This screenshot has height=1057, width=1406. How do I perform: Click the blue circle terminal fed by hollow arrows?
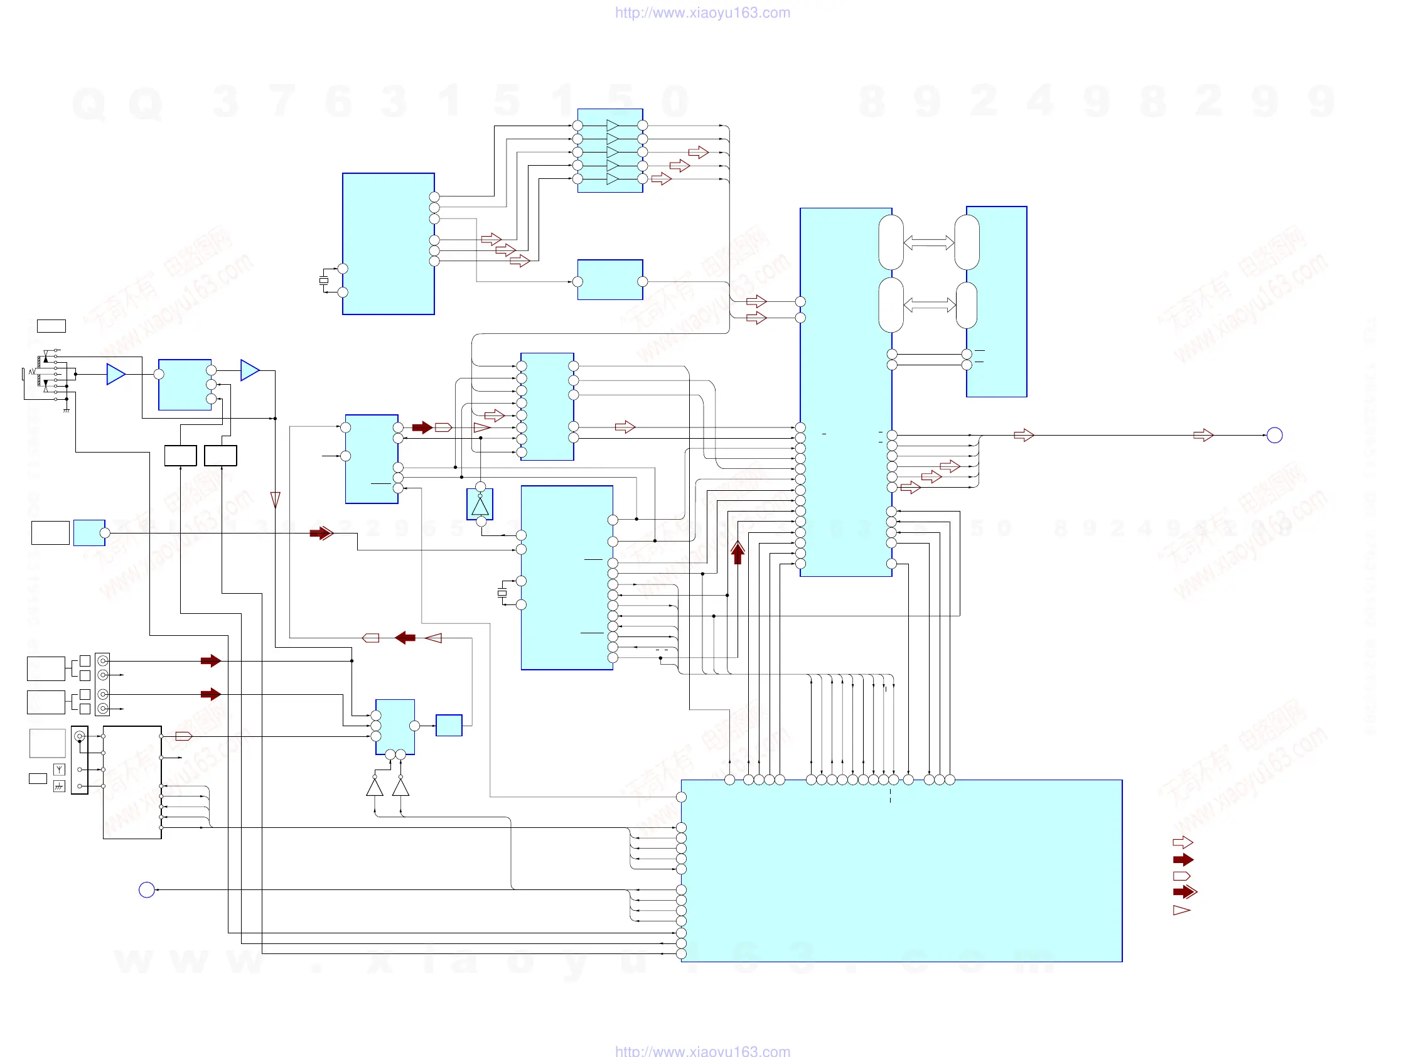click(x=1274, y=436)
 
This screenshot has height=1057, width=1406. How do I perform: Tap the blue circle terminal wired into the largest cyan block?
click(x=147, y=890)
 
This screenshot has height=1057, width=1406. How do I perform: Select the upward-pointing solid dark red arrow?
click(x=738, y=552)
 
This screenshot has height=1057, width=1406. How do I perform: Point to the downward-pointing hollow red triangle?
click(x=275, y=500)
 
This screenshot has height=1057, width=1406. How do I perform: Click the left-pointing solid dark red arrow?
click(x=405, y=638)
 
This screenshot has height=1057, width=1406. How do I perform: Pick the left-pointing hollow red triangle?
click(x=434, y=638)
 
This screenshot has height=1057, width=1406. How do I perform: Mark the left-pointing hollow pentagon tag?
click(x=370, y=638)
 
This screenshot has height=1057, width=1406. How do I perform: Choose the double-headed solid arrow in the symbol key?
click(x=1185, y=892)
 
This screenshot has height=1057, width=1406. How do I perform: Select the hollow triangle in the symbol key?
click(x=1181, y=910)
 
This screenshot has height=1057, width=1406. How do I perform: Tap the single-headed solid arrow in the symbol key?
click(x=1183, y=860)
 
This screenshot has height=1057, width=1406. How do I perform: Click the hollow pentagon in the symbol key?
click(x=1181, y=876)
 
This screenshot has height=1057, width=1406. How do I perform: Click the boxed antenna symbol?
click(x=59, y=770)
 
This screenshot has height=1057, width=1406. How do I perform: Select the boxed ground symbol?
click(x=59, y=787)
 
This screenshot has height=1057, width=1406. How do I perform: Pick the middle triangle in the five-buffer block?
click(x=612, y=153)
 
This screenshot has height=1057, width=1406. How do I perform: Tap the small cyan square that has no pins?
click(x=449, y=725)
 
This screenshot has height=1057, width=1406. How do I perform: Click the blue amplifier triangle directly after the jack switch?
click(x=115, y=374)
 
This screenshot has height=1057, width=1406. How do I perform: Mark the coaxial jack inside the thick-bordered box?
click(x=80, y=737)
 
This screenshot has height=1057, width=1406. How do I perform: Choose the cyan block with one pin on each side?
click(x=609, y=280)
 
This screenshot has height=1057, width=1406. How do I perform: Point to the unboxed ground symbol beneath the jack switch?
click(x=66, y=410)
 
